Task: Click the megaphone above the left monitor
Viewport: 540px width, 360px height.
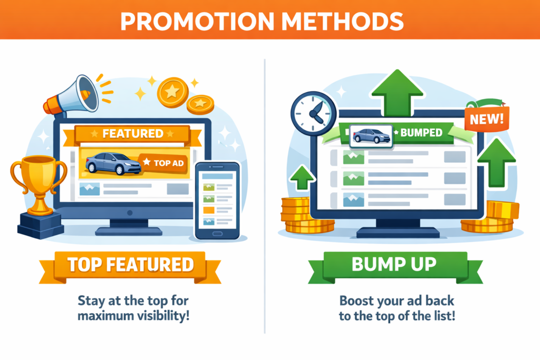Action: [71, 96]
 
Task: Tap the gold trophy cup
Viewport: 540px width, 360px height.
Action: [38, 183]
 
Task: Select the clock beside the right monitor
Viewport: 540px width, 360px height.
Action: [313, 113]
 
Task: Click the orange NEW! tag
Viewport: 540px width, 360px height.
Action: [487, 119]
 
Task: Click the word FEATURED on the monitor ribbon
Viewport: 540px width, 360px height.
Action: [132, 133]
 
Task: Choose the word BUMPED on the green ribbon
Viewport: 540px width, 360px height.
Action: [421, 132]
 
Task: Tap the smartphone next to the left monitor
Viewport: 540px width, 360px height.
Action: [217, 201]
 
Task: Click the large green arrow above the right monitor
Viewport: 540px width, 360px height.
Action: [398, 92]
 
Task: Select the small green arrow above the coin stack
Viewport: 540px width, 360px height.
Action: [302, 178]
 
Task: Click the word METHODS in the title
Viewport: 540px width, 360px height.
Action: [342, 21]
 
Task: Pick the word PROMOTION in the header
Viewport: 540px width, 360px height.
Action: [197, 21]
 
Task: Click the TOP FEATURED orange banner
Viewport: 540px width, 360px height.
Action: [130, 266]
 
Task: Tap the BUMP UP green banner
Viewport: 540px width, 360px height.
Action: [395, 266]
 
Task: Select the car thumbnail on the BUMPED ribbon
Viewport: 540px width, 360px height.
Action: [371, 136]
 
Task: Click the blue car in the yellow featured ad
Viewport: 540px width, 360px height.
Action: [113, 163]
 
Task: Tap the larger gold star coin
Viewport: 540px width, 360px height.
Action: [172, 92]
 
